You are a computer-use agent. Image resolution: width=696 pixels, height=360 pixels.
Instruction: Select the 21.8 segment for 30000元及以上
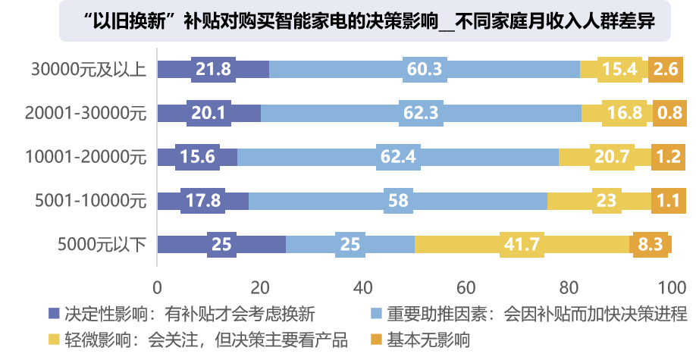(x=213, y=69)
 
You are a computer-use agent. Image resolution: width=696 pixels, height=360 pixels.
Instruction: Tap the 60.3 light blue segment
(x=425, y=69)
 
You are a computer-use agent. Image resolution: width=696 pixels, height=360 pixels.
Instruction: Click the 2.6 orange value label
(x=663, y=69)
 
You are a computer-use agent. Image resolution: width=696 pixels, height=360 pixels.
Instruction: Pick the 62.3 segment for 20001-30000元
(x=422, y=113)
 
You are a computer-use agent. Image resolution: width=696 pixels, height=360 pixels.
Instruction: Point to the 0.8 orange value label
(x=669, y=113)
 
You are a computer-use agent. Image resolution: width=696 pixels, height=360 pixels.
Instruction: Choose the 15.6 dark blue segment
(x=197, y=157)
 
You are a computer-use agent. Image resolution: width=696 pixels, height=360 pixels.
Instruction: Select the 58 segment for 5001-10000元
(x=398, y=201)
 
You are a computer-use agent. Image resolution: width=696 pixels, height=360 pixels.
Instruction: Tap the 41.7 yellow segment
(x=522, y=245)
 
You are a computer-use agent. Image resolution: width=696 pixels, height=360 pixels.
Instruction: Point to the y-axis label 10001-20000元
(x=85, y=157)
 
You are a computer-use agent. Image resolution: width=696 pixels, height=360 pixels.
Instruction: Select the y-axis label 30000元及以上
(x=88, y=69)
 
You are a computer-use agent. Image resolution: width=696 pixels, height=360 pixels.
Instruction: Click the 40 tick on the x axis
(x=363, y=288)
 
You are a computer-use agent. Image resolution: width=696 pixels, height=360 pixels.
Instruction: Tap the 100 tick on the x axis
(x=671, y=288)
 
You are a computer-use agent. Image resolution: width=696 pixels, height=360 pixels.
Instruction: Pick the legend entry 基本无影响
(x=428, y=339)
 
